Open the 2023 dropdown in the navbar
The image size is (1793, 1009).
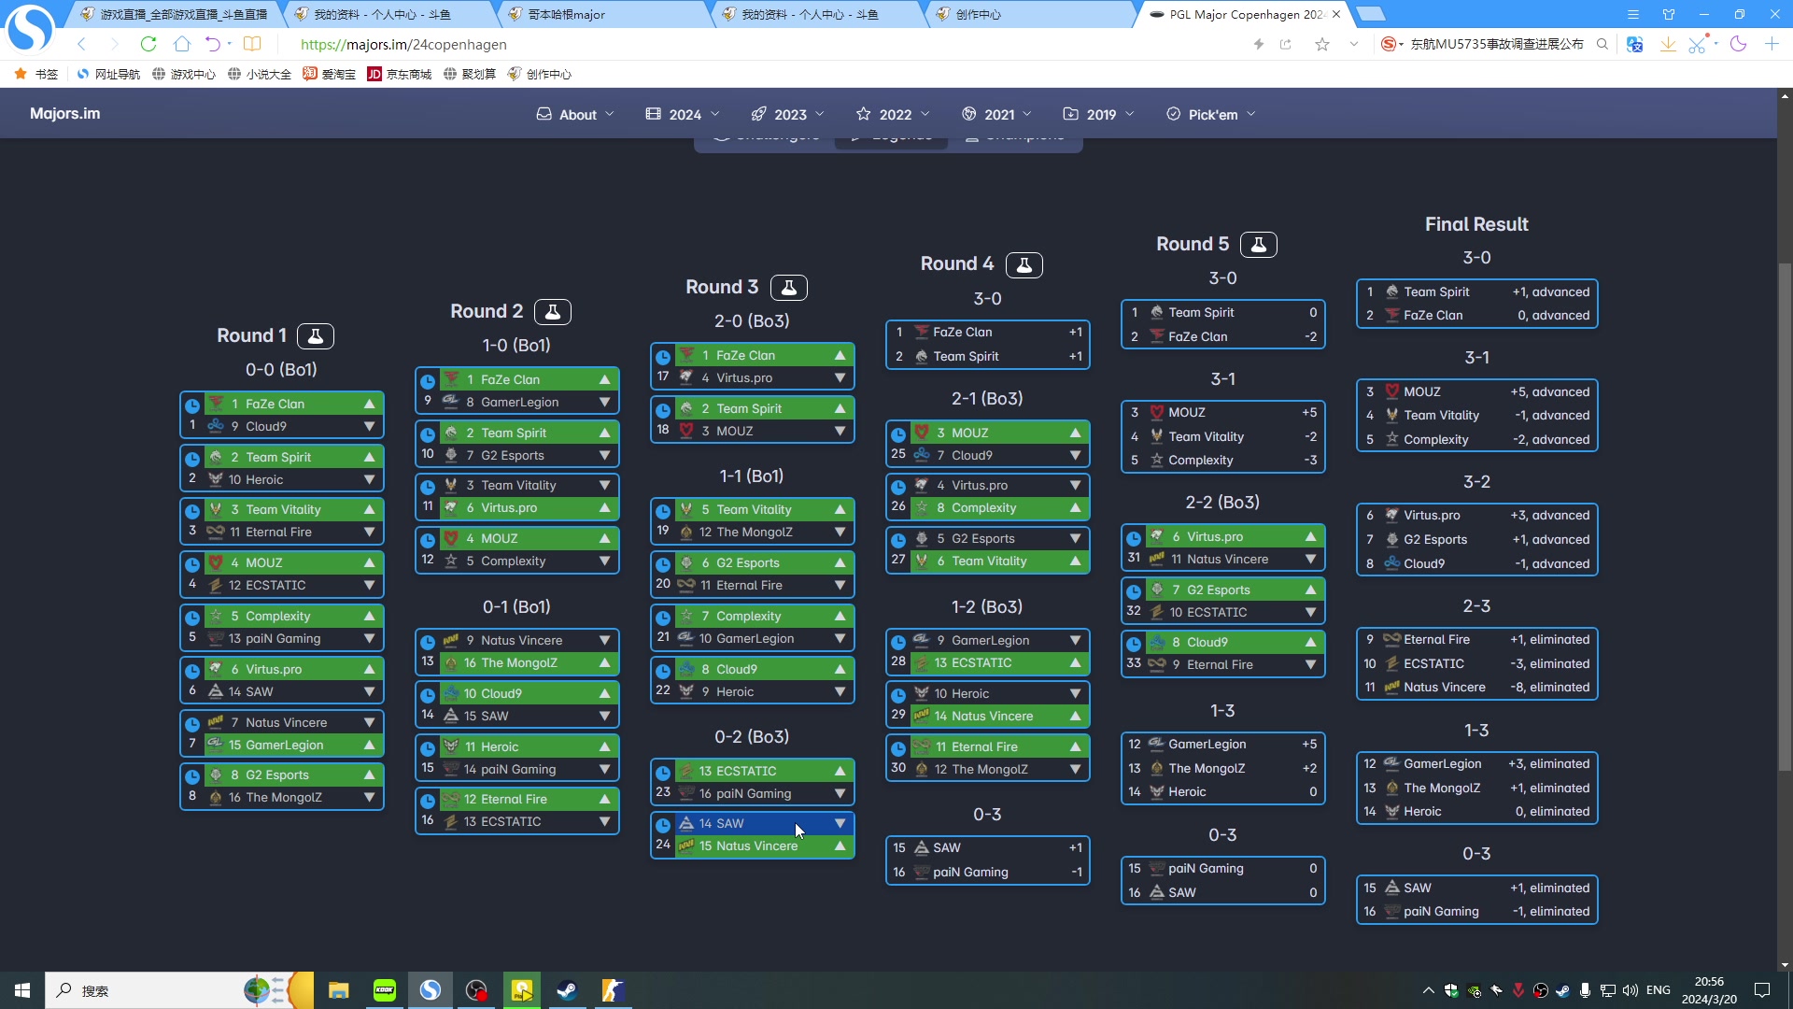tap(788, 114)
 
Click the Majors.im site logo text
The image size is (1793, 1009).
tap(64, 113)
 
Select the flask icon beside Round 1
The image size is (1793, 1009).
tap(316, 336)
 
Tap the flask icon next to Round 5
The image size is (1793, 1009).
tap(1258, 245)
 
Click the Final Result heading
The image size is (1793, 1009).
tap(1475, 224)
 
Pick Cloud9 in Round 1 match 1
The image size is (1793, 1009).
tap(266, 427)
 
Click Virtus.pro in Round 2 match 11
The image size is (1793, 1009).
tap(509, 508)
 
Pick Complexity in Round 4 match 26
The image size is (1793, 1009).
tap(983, 508)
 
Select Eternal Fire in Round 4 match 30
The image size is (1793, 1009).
tap(983, 747)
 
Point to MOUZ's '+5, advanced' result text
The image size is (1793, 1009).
tap(1549, 392)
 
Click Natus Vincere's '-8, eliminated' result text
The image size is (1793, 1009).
tap(1549, 688)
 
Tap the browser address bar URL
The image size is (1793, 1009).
tap(403, 44)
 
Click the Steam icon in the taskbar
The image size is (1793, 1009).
tap(567, 990)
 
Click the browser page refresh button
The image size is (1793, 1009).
tap(148, 44)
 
